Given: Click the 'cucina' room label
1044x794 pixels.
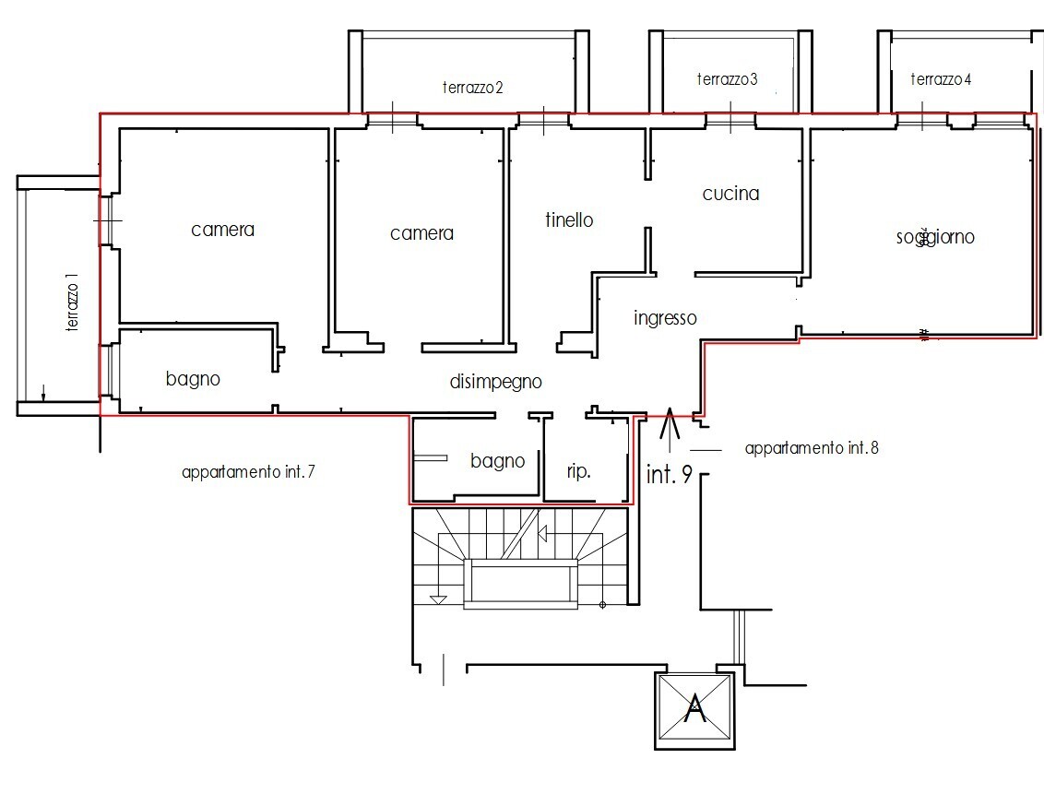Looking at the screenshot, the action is [x=730, y=194].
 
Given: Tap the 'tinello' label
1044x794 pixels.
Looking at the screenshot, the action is [x=569, y=219].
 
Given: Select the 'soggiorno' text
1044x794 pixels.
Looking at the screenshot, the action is [x=935, y=237].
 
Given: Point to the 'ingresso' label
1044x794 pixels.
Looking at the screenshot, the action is [x=665, y=318].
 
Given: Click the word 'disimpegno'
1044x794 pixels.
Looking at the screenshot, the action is [x=495, y=382].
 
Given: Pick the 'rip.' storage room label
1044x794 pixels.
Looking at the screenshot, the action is [x=578, y=471].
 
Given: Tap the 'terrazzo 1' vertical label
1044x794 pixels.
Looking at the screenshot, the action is [x=72, y=302].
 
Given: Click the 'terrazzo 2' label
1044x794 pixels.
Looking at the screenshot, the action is [x=473, y=88].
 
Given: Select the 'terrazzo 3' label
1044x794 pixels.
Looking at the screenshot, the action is [x=727, y=79].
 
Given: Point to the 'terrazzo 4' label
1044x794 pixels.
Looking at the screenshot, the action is [x=941, y=79].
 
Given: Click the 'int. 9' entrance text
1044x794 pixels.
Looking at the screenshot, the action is [x=670, y=474].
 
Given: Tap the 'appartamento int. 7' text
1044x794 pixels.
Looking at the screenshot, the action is [x=248, y=472].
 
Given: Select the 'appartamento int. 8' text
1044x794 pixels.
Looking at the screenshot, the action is [x=812, y=448].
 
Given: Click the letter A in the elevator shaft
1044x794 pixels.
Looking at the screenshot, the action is [x=695, y=708].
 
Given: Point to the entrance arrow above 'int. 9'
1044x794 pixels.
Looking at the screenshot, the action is [x=670, y=427].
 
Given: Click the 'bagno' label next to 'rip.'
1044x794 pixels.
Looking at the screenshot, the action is [x=497, y=461].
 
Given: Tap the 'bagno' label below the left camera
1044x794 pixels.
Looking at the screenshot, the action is [x=193, y=379].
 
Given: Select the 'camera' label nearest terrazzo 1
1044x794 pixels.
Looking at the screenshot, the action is [x=222, y=231].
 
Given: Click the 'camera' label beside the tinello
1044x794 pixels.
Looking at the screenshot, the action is [x=421, y=233].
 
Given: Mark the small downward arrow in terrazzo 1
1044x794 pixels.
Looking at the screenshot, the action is [x=43, y=393].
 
